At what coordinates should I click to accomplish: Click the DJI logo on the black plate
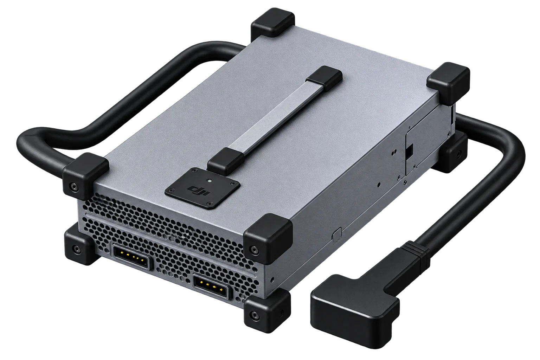point(199,191)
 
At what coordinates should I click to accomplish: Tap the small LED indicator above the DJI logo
point(210,180)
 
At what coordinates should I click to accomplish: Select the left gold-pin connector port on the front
point(131,257)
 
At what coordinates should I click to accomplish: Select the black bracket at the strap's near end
point(226,161)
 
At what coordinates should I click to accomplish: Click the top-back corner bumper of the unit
point(272,23)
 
